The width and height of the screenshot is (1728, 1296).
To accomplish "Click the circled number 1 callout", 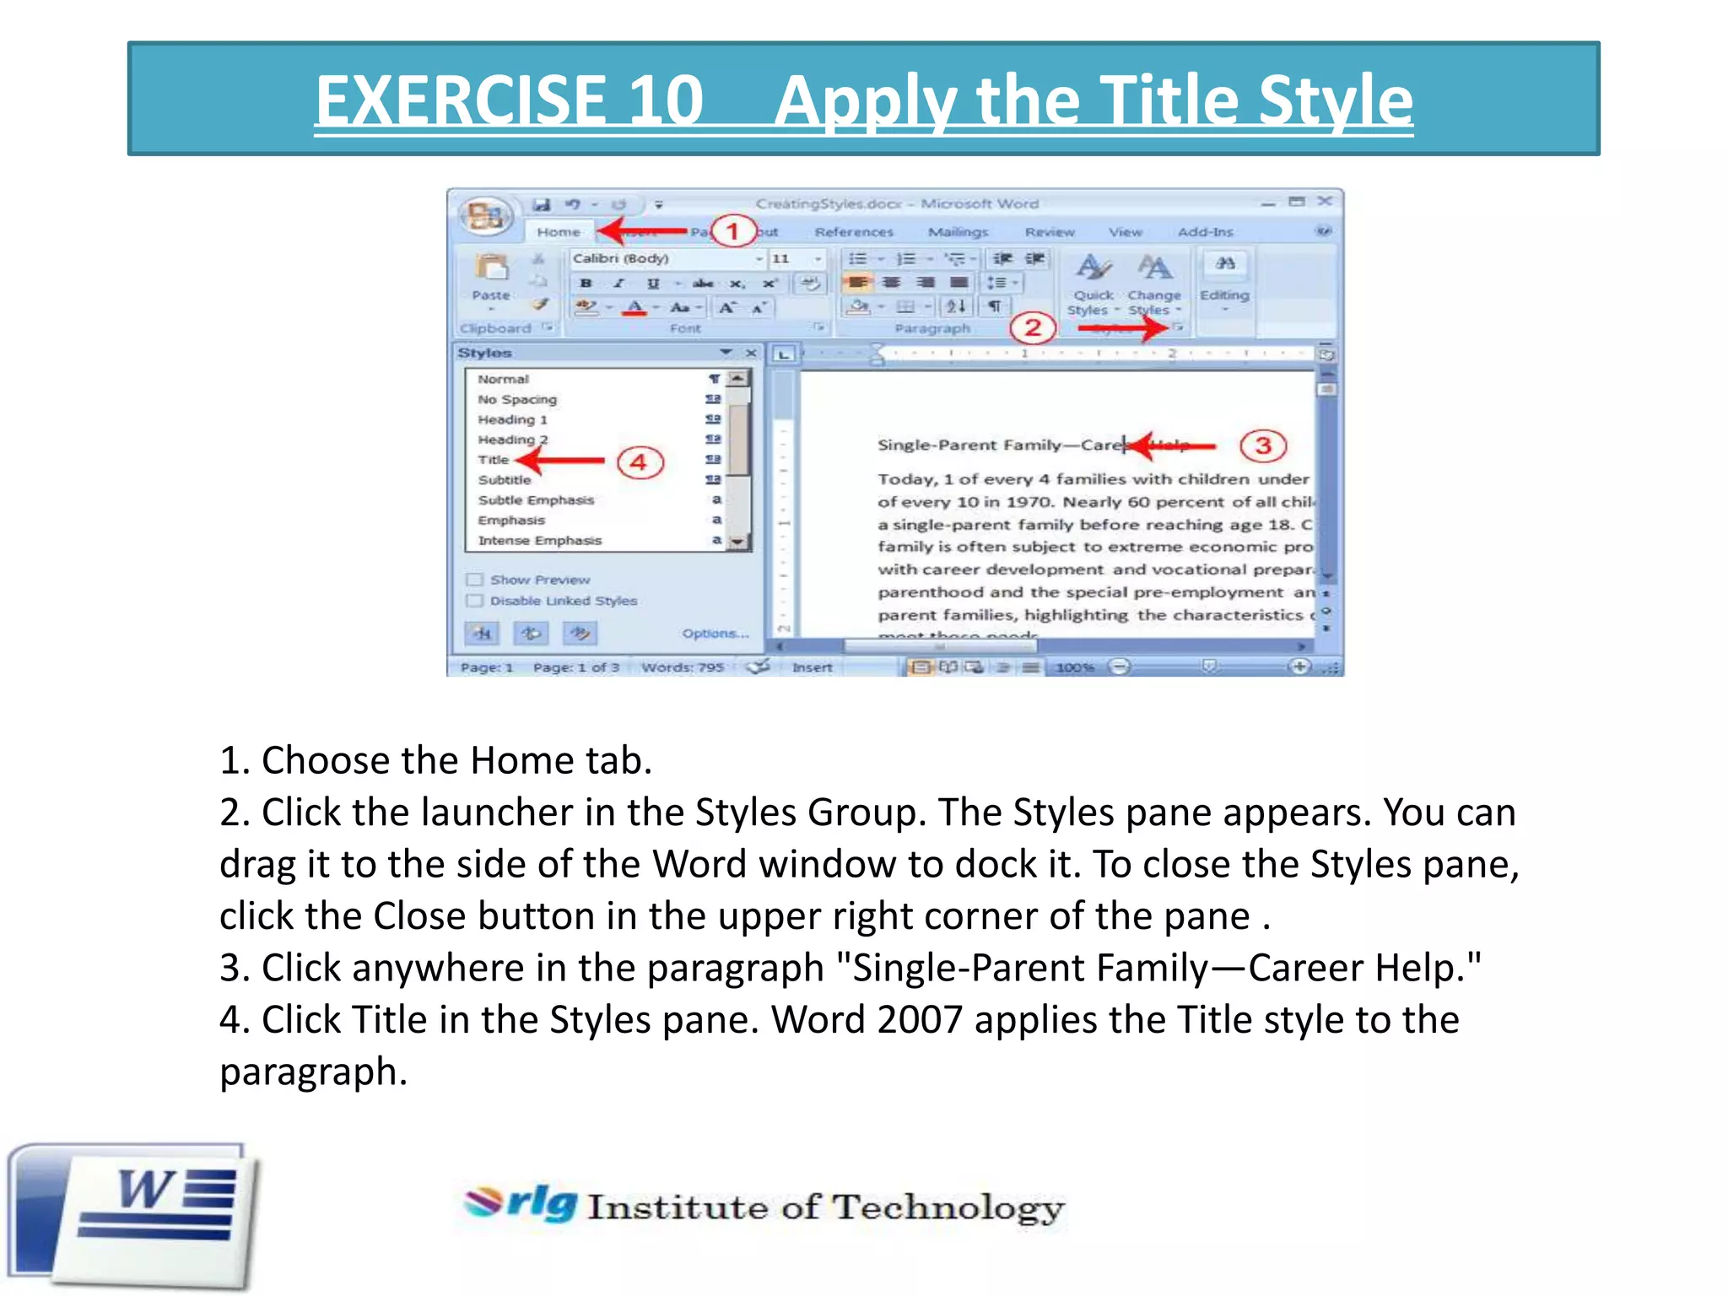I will click(732, 230).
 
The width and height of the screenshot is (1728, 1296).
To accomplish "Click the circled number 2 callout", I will click(1033, 327).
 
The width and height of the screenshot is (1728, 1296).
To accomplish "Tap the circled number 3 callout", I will click(1262, 445).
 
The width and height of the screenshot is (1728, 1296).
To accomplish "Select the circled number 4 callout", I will click(640, 462).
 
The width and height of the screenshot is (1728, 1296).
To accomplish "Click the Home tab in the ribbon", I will click(558, 232).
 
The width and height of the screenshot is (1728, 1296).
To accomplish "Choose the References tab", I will click(853, 232).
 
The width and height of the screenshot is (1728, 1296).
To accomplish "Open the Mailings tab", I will click(958, 232).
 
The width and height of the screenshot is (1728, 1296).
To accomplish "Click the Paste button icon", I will click(491, 268).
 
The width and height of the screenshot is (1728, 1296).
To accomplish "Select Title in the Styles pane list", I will click(494, 460).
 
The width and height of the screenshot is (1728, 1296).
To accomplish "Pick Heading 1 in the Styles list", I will click(512, 419).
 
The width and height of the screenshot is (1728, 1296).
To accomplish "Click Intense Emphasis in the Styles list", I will click(540, 540).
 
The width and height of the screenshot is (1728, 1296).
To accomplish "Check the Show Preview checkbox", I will click(475, 580).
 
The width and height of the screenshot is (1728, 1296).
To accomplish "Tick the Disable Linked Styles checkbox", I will click(475, 601).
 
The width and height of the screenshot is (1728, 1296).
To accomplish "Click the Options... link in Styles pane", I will click(715, 633).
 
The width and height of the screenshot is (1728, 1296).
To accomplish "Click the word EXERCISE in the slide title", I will click(509, 100).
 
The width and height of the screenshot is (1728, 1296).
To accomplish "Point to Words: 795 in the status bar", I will click(683, 667).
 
